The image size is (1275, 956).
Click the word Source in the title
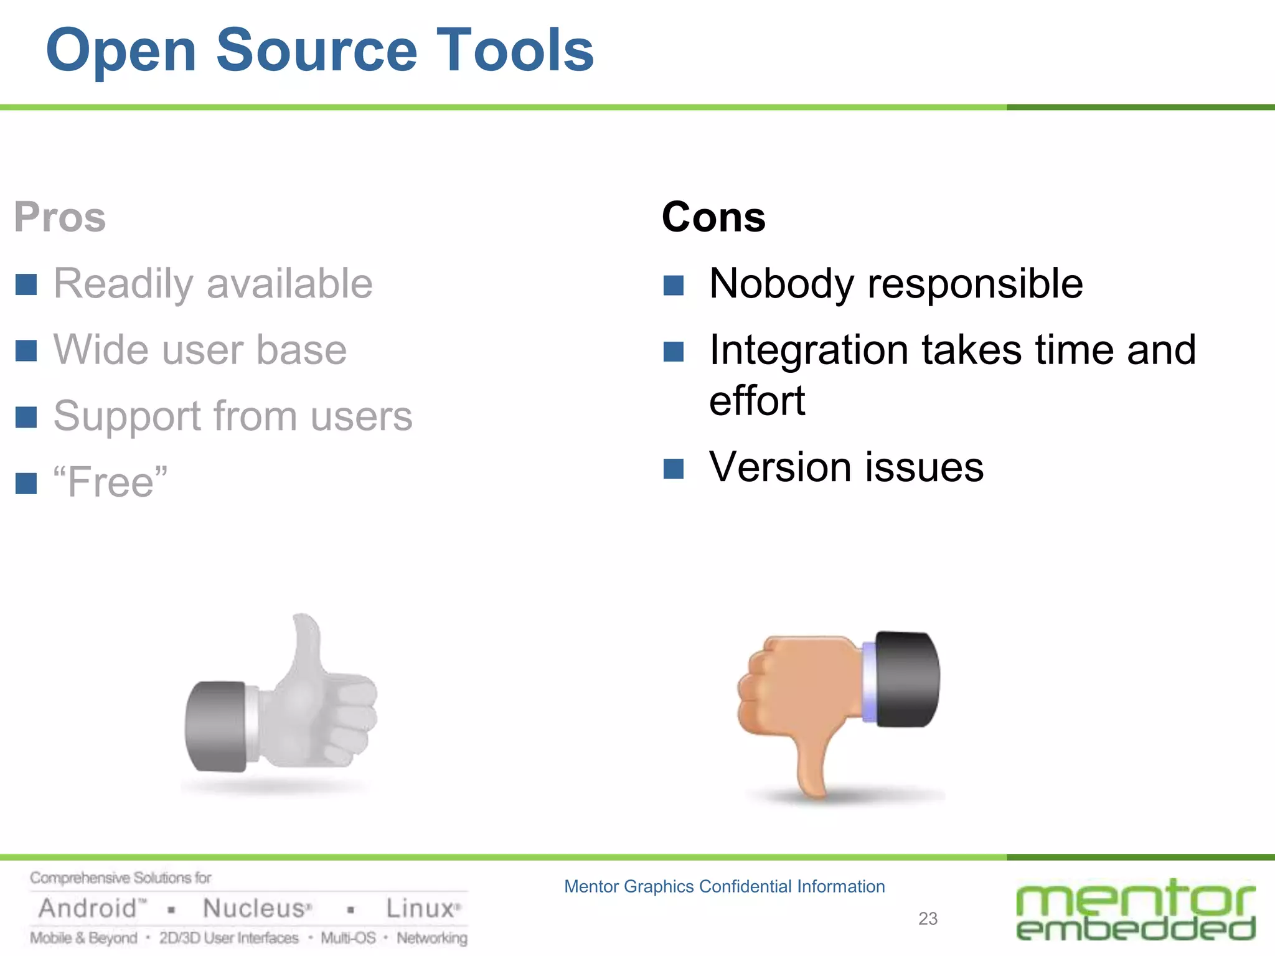coord(316,51)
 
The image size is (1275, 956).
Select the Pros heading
coord(60,217)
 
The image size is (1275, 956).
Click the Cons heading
coord(713,217)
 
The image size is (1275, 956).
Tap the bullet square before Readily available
coord(26,284)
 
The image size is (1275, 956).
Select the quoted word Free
coord(111,482)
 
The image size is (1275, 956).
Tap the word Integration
coord(809,350)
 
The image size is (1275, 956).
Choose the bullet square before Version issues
coord(674,468)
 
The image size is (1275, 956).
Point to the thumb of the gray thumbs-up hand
coord(306,647)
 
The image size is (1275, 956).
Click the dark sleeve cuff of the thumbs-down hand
coord(906,679)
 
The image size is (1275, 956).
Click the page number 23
coord(928,919)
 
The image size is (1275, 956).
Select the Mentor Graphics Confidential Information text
coord(724,886)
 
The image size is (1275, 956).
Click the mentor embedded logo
coord(1135,911)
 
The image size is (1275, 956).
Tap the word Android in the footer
coord(88,909)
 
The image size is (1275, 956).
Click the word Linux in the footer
coord(420,909)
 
